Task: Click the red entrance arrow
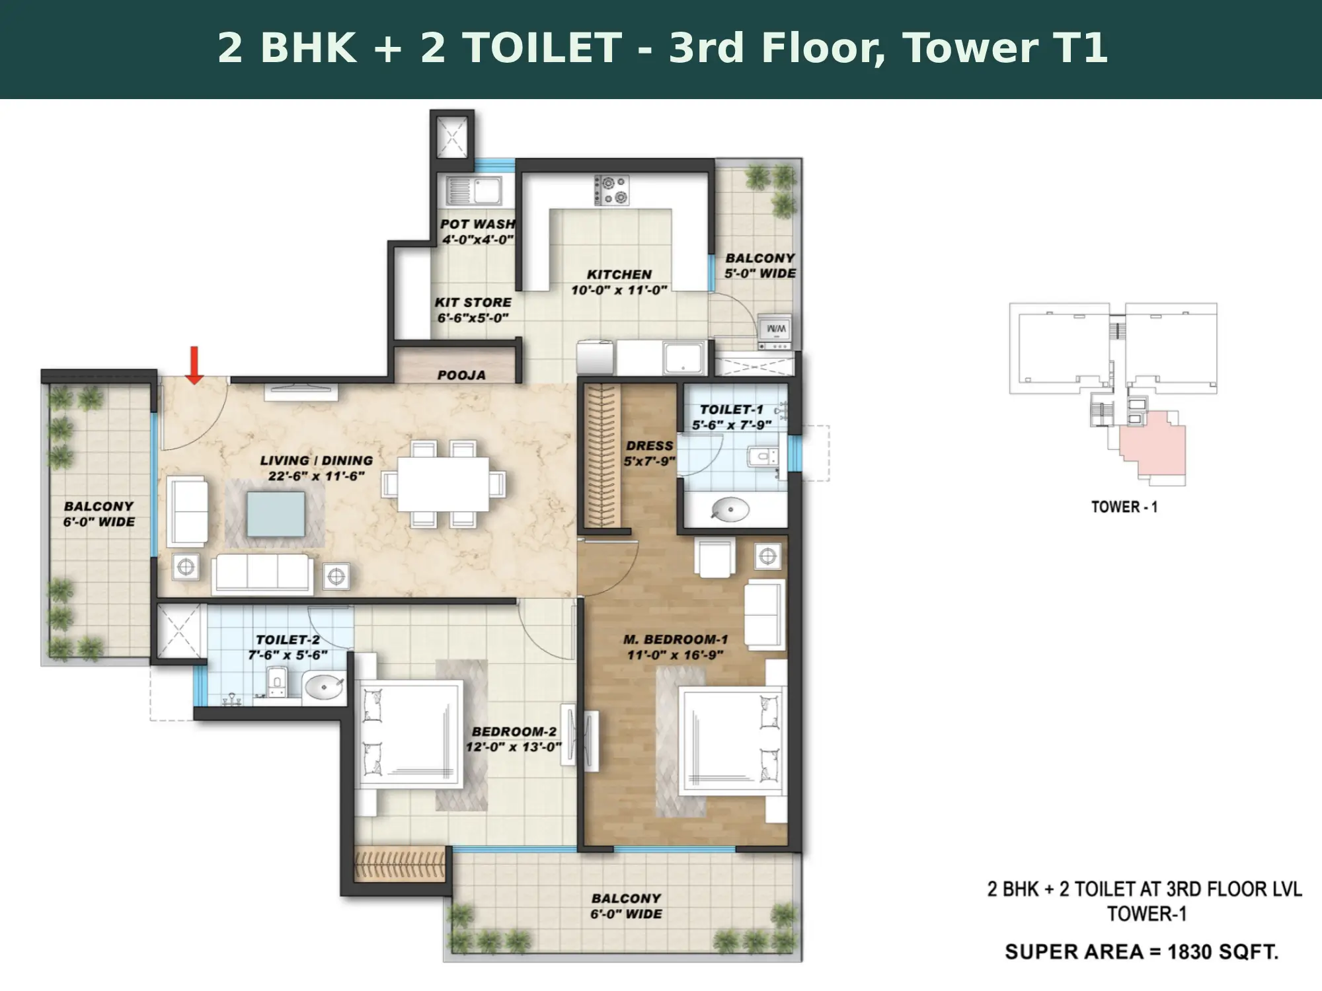194,365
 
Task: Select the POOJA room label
461,375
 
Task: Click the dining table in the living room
444,484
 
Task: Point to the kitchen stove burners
611,190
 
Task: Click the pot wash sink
474,190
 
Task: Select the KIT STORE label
473,303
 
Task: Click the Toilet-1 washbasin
730,509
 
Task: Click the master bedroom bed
733,744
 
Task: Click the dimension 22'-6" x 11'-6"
317,476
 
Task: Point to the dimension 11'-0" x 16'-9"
675,655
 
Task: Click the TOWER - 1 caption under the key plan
1124,507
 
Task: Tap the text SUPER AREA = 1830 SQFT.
1142,951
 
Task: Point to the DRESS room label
649,446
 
